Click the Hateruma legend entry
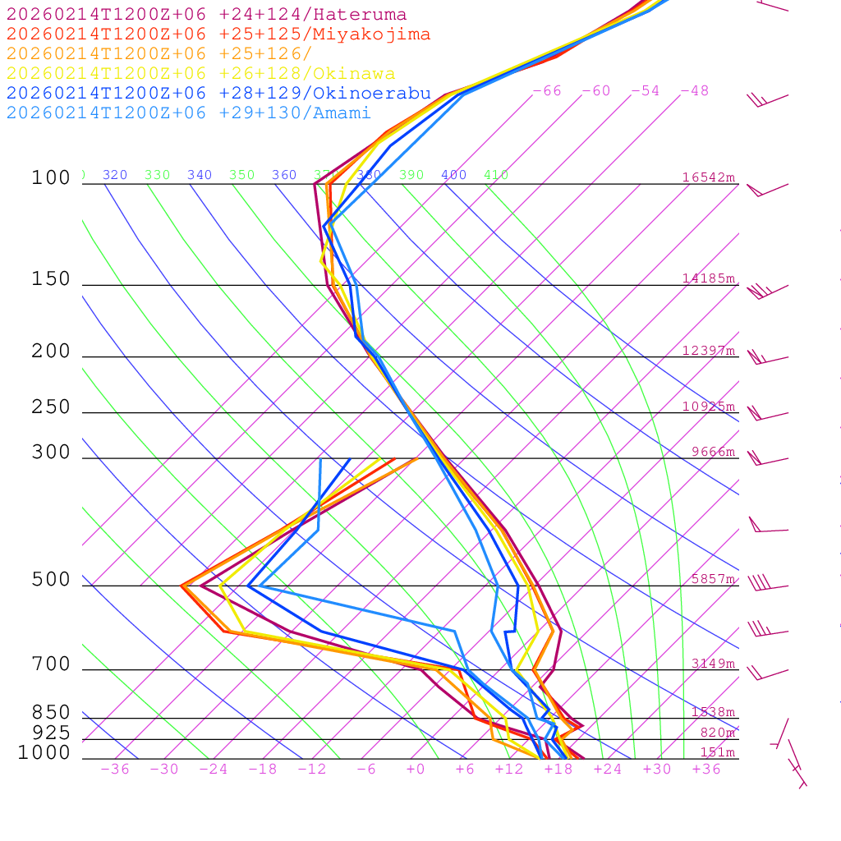coord(206,15)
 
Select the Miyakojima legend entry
coord(218,34)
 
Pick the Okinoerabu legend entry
coord(218,93)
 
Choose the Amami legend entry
coord(188,113)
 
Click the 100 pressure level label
coord(51,177)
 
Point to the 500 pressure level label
coord(51,580)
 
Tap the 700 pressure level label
coord(51,664)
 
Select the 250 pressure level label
coord(51,407)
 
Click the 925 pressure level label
coord(51,733)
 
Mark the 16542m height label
coord(709,177)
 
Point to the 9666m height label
coord(713,452)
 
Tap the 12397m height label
coord(709,351)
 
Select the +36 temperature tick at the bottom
coord(706,769)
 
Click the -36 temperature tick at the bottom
coord(115,769)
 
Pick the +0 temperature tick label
coord(416,769)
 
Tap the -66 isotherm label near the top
coord(547,90)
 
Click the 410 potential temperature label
coord(496,175)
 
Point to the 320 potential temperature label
coord(115,175)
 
